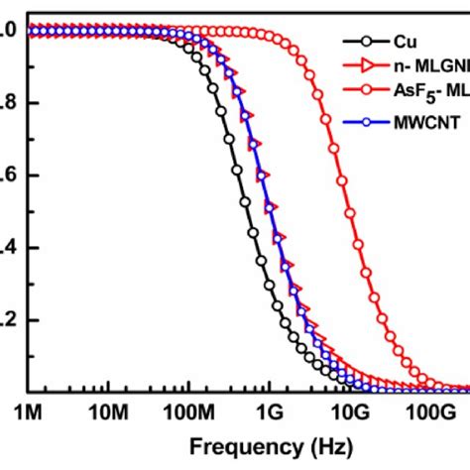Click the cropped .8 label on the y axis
[6, 103]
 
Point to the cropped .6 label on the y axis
[6, 176]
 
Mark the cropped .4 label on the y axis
[6, 248]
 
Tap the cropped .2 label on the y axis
[6, 320]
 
